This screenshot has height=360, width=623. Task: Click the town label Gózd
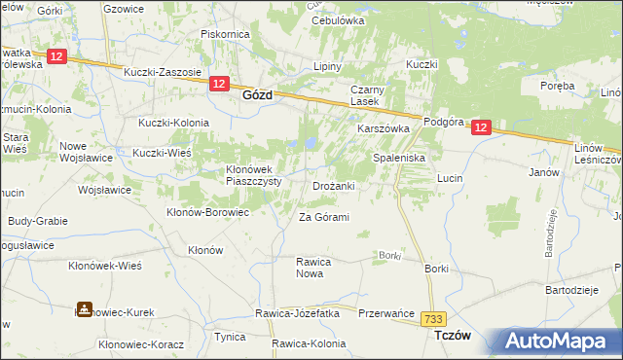tap(256, 96)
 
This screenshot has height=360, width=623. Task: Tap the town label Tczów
tap(451, 335)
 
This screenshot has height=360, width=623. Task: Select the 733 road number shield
tap(433, 317)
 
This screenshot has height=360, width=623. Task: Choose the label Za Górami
tap(323, 217)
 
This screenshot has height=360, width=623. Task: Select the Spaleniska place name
tap(401, 157)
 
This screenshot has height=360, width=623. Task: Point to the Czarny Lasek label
tap(370, 95)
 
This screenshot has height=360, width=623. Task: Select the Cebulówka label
tap(337, 19)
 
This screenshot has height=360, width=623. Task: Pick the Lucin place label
tap(449, 179)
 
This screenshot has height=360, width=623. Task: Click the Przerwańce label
tap(385, 313)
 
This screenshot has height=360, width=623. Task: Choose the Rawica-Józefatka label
tap(297, 313)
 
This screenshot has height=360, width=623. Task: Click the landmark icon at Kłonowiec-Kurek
tap(83, 311)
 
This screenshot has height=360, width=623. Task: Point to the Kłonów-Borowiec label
tap(208, 211)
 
